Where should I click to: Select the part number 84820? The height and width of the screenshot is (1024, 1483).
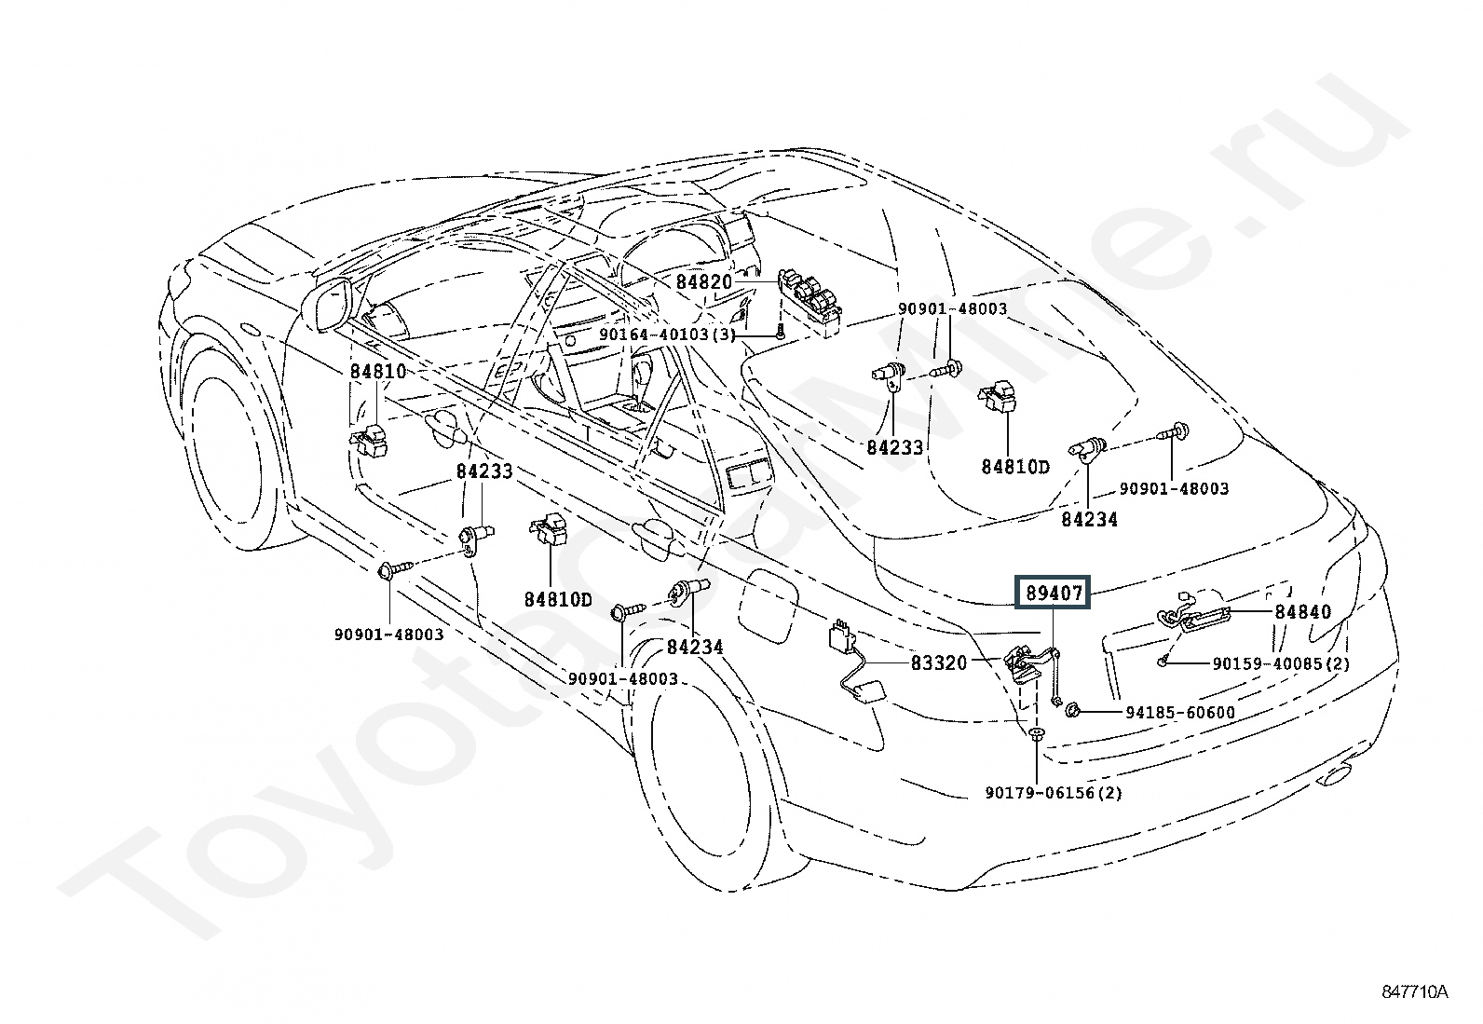(x=704, y=281)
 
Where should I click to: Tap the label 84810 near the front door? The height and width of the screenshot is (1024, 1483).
(x=378, y=371)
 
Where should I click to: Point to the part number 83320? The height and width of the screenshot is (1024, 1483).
(x=939, y=662)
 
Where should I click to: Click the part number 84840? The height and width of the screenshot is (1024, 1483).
(x=1303, y=611)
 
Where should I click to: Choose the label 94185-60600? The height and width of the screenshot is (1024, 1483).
(x=1180, y=713)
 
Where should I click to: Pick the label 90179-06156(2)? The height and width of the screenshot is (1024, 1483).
(x=1053, y=793)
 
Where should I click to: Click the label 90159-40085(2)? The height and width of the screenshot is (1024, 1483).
(x=1281, y=664)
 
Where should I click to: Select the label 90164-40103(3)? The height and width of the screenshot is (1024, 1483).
(x=667, y=335)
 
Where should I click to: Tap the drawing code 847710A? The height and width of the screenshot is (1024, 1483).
(x=1415, y=992)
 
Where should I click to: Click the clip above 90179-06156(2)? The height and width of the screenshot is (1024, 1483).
(x=1036, y=736)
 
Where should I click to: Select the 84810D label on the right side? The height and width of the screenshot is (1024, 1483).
(x=1014, y=466)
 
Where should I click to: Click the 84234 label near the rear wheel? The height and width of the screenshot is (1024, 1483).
(x=694, y=646)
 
